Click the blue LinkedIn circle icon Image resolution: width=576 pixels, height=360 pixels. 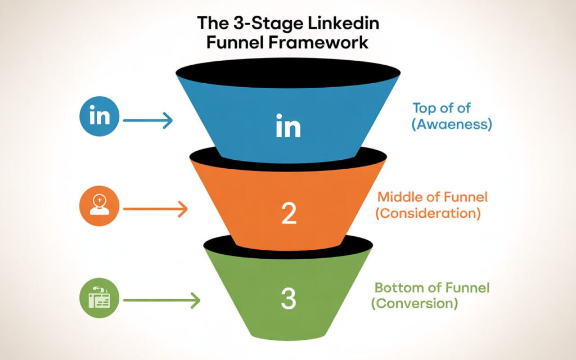point(100,117)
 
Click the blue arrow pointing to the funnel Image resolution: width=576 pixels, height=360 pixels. point(147,120)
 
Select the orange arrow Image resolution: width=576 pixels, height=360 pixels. point(155,210)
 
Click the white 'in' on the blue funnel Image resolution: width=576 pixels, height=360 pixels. point(288,127)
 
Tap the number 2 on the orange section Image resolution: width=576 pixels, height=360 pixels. point(288,214)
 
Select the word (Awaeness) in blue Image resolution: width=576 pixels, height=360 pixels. point(451,124)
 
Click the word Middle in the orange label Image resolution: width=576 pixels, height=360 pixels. point(397,197)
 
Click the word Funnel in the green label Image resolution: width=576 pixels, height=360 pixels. point(468,287)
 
